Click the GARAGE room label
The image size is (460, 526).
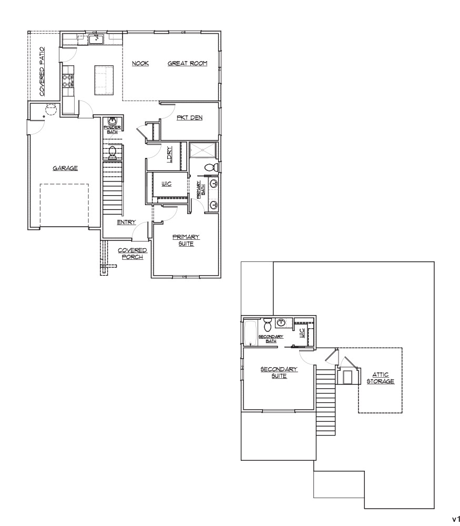(65, 168)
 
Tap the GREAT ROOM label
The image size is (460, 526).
(188, 63)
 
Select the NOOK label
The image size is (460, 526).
(140, 63)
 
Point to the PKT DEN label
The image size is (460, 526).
(189, 117)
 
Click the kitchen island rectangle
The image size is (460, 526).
(104, 80)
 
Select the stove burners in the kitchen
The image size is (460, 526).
(68, 80)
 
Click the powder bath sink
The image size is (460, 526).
(113, 121)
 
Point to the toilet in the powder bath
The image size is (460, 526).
(112, 153)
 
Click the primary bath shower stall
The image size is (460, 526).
(202, 150)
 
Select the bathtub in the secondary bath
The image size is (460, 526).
(250, 333)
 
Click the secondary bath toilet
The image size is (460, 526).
(268, 324)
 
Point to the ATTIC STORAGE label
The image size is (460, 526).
(380, 378)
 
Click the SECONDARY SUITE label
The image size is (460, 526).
(279, 372)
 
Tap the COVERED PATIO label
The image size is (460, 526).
(42, 72)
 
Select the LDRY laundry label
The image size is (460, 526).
(169, 154)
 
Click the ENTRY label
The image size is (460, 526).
(126, 222)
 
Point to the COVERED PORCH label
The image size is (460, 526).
(132, 254)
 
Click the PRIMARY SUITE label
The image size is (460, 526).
(186, 240)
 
